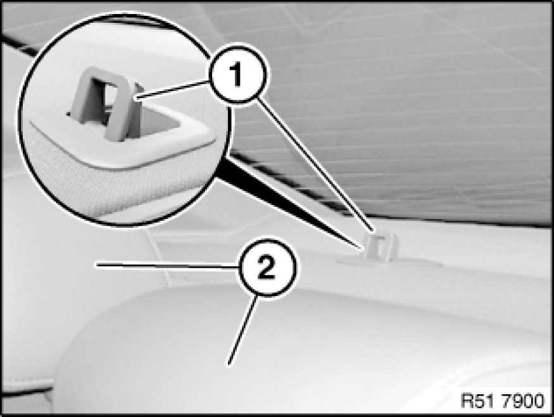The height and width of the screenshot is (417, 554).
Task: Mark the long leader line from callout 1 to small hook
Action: click(315, 165)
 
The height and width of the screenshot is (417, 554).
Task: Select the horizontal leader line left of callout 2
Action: click(168, 266)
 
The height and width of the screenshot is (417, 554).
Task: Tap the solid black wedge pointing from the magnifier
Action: click(290, 202)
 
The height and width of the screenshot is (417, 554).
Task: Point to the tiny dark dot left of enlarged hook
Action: click(68, 114)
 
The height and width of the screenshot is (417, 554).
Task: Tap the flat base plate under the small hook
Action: click(389, 261)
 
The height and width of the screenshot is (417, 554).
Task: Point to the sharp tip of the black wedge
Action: click(363, 249)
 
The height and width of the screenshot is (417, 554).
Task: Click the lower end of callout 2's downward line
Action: click(229, 363)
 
